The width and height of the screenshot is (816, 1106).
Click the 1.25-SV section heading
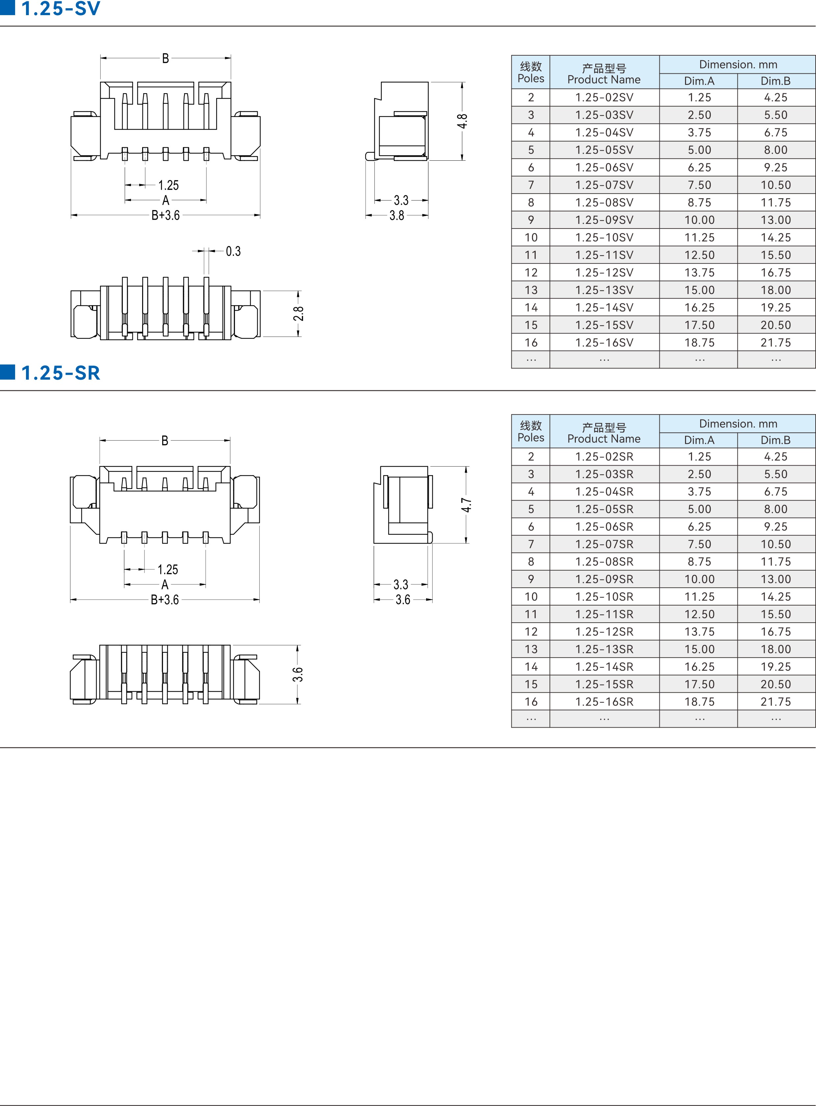pyautogui.click(x=60, y=9)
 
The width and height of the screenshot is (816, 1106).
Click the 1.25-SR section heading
pyautogui.click(x=60, y=373)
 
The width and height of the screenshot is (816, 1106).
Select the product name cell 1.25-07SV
pyautogui.click(x=604, y=185)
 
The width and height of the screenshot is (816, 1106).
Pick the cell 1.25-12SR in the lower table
pyautogui.click(x=604, y=632)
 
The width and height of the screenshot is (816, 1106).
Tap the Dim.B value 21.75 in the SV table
pyautogui.click(x=776, y=342)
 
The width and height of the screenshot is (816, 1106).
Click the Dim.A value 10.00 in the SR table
pyautogui.click(x=700, y=579)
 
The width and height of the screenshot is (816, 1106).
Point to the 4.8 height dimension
pyautogui.click(x=462, y=121)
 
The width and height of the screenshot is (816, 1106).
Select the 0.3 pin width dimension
pyautogui.click(x=233, y=251)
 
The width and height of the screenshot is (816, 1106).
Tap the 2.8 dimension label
pyautogui.click(x=298, y=314)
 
